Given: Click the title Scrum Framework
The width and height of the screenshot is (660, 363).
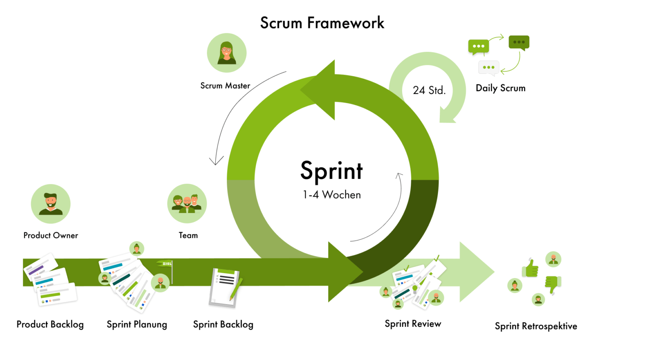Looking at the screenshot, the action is click(322, 23).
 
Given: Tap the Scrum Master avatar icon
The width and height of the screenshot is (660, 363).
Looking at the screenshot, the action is click(226, 53).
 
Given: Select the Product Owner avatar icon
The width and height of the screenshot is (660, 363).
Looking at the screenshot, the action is click(51, 204).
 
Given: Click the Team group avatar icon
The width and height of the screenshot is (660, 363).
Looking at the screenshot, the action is click(187, 204).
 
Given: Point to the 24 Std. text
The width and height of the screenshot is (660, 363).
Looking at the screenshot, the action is click(429, 90).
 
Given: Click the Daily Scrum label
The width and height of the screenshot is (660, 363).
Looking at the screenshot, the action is click(501, 88).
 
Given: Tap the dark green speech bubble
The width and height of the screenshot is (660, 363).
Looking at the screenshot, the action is click(519, 43).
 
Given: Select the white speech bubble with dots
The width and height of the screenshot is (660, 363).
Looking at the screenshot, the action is click(489, 68).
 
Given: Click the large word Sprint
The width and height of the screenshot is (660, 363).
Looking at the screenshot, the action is click(332, 171).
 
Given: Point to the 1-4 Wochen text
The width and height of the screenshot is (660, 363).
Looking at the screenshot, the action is click(332, 195).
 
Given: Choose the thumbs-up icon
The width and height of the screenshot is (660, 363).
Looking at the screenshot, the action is click(530, 268).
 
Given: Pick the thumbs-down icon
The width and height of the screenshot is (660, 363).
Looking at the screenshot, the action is click(553, 284).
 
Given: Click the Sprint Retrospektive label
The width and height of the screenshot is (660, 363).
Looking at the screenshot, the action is click(536, 326).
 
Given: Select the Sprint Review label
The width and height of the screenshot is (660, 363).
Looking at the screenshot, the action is click(413, 324).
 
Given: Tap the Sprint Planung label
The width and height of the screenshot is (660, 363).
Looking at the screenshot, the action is click(137, 324).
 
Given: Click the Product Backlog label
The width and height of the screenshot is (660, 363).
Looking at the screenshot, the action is click(50, 324).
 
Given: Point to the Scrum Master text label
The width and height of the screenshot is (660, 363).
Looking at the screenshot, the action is click(225, 86).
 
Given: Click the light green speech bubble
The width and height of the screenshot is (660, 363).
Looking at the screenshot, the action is click(478, 47).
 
